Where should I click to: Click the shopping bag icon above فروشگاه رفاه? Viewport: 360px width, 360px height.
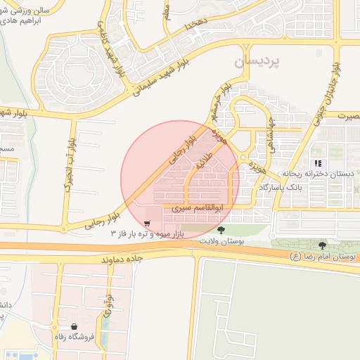(75, 326)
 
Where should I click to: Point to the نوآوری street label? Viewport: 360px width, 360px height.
(108, 304)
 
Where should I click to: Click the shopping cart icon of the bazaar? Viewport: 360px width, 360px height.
(146, 224)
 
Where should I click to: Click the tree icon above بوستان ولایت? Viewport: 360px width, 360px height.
(221, 230)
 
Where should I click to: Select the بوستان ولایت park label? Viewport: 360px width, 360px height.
(221, 241)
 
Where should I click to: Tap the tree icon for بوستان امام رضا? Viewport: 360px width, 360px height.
(323, 245)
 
